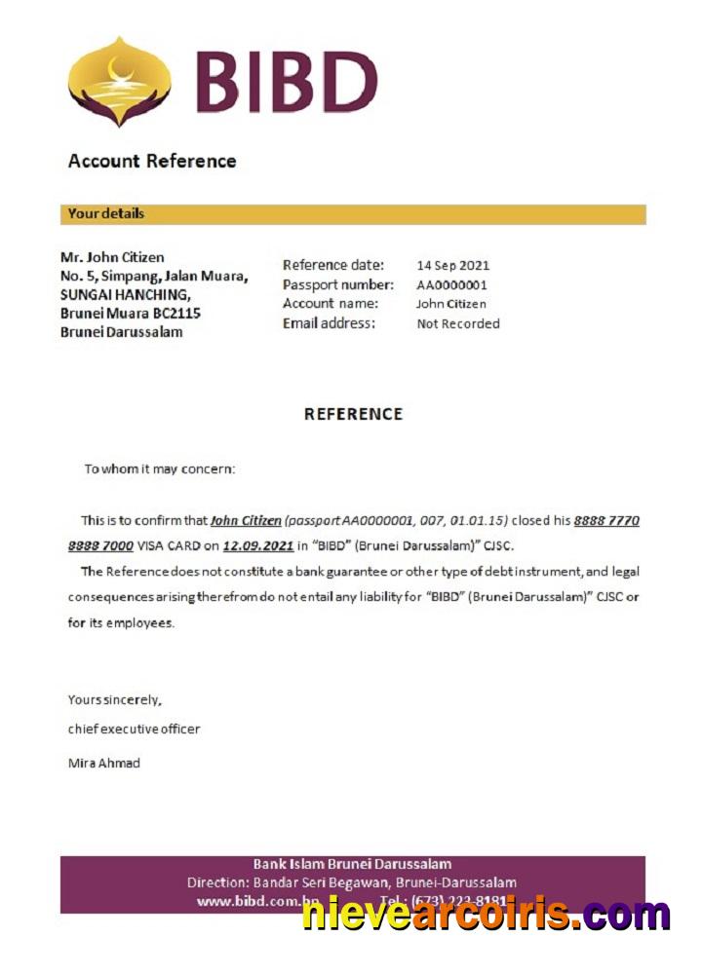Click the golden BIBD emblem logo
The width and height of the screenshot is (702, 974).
point(119,81)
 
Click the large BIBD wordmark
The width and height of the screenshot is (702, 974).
point(286,82)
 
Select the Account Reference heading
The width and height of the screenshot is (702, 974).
point(152,161)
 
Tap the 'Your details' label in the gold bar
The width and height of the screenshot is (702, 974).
point(106,213)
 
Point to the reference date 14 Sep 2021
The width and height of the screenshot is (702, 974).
point(452,265)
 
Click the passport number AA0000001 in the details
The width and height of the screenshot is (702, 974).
point(451,284)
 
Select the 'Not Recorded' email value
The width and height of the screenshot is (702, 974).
point(457,323)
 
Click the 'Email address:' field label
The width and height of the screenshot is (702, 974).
point(329,323)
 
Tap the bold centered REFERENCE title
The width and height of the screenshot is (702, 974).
point(353,414)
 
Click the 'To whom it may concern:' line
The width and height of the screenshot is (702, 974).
point(159,468)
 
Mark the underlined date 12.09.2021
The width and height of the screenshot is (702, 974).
point(257,546)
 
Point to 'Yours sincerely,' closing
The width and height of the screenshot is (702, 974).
point(114,699)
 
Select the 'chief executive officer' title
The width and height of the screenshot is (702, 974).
point(134,729)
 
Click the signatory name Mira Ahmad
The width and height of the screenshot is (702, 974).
point(103,763)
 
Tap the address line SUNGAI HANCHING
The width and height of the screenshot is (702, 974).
point(125,294)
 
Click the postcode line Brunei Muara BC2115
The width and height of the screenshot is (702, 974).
point(131,314)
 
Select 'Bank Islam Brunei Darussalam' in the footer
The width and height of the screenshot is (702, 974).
point(352,864)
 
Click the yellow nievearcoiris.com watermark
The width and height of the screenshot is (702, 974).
point(486,915)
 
